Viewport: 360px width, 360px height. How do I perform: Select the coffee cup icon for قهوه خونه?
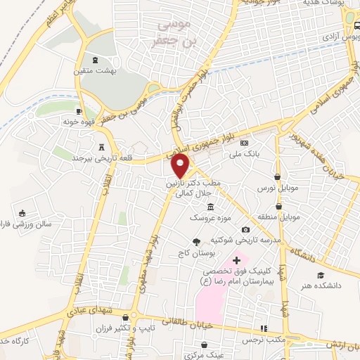[x=79, y=111]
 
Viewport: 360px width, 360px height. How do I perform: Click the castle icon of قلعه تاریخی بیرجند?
[x=103, y=148]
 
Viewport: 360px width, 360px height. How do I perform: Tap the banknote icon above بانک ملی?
[x=244, y=143]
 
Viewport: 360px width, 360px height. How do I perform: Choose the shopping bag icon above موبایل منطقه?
[x=280, y=207]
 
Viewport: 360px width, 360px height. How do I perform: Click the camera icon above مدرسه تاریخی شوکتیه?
[x=245, y=230]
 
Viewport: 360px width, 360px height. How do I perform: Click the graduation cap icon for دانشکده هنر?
[x=321, y=276]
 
